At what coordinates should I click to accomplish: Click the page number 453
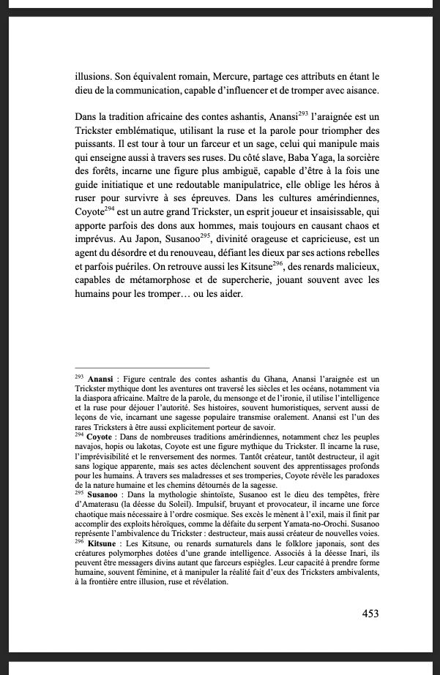click(x=370, y=614)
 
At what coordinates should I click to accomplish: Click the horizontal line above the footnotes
click(x=142, y=367)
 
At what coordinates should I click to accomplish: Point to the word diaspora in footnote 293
click(x=98, y=388)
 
